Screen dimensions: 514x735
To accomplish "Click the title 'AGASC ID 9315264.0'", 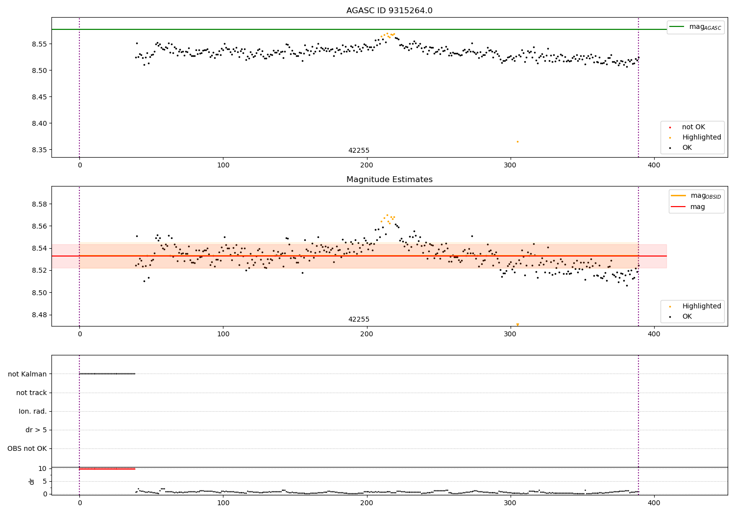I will [x=389, y=11].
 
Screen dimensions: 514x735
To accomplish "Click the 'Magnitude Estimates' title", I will [x=389, y=180].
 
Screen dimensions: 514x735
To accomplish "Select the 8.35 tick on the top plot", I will [x=40, y=150].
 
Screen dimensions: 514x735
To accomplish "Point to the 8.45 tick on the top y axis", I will [x=40, y=97].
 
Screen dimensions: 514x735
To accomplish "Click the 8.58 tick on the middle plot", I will [x=40, y=204].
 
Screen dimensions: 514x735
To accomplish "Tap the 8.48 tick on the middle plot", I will [x=40, y=315].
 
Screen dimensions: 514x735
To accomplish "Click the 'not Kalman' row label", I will [x=27, y=374].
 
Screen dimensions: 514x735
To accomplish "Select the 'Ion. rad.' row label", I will [x=33, y=412].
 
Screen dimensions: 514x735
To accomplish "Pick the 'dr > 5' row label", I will [x=36, y=430].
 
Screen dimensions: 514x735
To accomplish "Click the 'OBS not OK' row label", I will [x=27, y=449].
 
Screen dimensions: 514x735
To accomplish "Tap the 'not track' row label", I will [x=31, y=393].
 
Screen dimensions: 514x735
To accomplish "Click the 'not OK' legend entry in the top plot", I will [x=693, y=127].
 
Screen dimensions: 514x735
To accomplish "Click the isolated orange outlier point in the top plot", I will [x=517, y=141].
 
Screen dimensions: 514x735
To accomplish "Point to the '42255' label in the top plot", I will [x=359, y=151].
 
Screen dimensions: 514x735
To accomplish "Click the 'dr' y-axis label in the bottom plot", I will [x=32, y=481].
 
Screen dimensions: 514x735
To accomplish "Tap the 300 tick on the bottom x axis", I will [x=511, y=502].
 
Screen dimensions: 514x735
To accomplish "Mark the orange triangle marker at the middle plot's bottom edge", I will [x=517, y=324].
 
